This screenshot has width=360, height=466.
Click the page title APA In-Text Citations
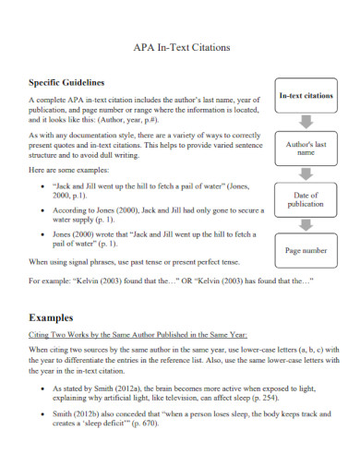click(181, 46)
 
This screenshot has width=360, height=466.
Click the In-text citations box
click(306, 96)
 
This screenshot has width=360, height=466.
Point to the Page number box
click(306, 250)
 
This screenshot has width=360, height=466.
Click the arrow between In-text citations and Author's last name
click(306, 122)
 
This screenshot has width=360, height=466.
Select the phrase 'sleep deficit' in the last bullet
click(108, 425)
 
